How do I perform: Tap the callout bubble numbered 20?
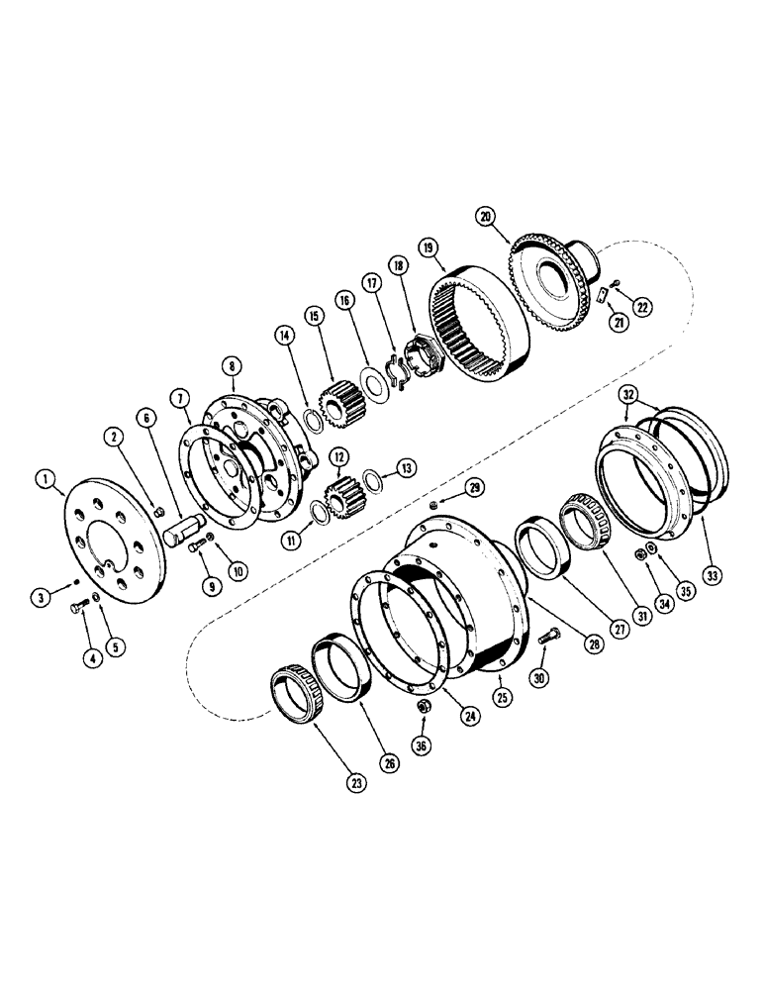click(484, 214)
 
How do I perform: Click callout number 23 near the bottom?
click(355, 782)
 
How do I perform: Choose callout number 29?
click(475, 487)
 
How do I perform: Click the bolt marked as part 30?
click(548, 641)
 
